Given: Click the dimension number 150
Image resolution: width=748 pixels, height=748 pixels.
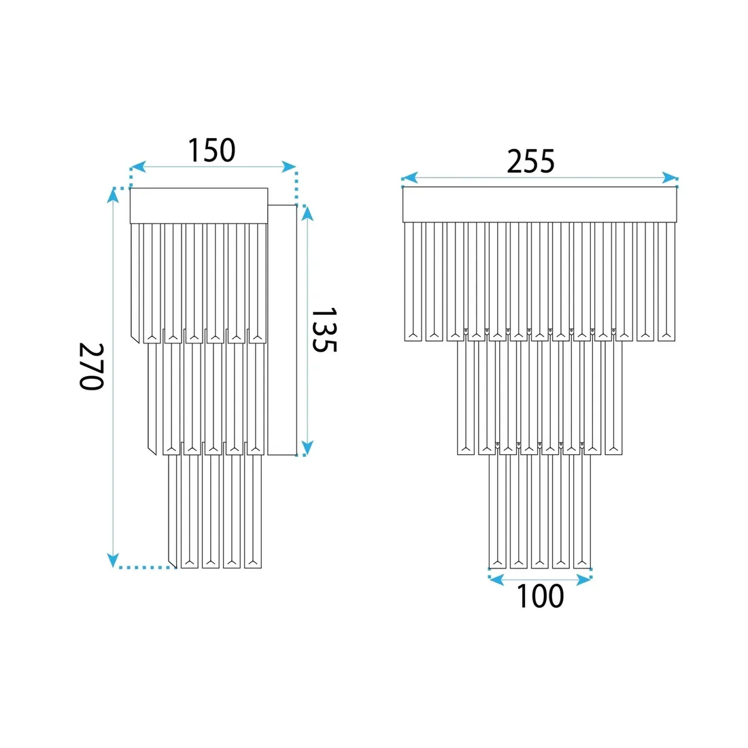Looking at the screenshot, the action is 211,150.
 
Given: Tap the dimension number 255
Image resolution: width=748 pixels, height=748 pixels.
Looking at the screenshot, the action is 530,161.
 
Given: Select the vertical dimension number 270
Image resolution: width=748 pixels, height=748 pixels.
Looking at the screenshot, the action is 91,367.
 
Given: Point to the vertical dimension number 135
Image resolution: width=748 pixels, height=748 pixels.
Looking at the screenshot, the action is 324,330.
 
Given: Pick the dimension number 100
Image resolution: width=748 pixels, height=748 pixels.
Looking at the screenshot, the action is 540,596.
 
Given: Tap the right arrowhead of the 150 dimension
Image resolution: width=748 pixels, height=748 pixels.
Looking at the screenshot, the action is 288,167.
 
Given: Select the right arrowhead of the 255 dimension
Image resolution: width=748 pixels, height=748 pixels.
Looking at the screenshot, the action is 670,178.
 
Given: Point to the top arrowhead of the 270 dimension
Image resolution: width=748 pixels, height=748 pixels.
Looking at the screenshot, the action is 113,196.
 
